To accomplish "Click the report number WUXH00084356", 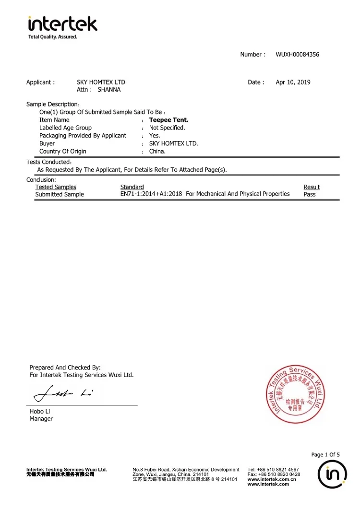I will tap(297, 55).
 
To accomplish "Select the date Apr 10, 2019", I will tap(293, 82).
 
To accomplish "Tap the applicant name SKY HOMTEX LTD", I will tap(101, 82).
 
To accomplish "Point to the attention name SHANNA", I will tap(109, 90).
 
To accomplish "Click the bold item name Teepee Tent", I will tap(168, 120).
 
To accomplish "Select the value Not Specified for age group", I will tap(167, 128).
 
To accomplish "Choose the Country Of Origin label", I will tap(63, 151).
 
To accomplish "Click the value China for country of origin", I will tap(157, 151).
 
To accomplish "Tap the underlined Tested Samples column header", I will tap(56, 187).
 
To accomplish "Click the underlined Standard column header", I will tap(132, 187).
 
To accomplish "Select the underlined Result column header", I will tap(312, 187).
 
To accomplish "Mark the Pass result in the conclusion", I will tap(310, 194).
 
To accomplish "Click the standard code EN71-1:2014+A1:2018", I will tap(151, 194).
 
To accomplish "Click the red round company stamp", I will tap(295, 394).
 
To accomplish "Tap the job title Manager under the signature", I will tap(41, 419).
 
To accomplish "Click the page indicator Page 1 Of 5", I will tap(325, 455).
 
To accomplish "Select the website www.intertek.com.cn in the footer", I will tap(272, 479).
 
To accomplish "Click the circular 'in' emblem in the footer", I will tap(332, 475).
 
